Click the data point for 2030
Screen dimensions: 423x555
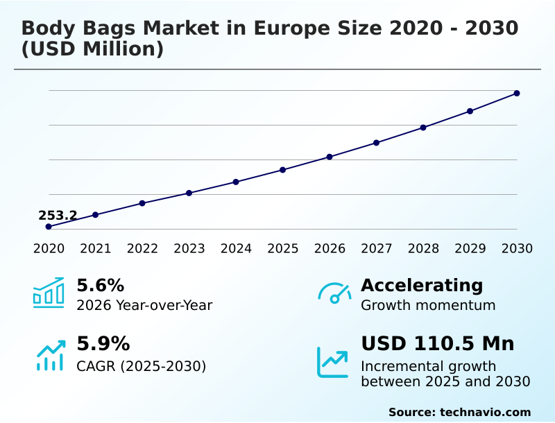click(x=517, y=93)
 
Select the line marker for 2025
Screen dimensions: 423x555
click(x=283, y=170)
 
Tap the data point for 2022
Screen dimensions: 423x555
click(x=142, y=203)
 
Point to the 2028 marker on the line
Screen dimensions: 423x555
click(x=423, y=128)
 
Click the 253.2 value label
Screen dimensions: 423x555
click(x=58, y=216)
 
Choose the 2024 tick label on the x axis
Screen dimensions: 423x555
click(x=236, y=249)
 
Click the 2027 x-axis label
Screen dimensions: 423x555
click(x=377, y=249)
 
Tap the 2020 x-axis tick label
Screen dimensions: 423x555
click(x=49, y=249)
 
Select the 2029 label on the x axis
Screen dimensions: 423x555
click(x=470, y=249)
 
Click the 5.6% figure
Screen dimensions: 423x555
click(x=100, y=286)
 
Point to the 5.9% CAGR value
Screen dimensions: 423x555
click(x=103, y=344)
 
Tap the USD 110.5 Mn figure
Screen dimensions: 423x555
click(x=437, y=344)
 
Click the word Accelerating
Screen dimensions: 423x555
click(x=422, y=286)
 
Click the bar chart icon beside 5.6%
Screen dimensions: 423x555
click(x=49, y=293)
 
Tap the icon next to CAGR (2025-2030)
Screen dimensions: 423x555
click(x=50, y=355)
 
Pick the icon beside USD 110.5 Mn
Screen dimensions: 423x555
click(x=333, y=362)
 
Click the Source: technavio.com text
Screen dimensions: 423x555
click(x=459, y=412)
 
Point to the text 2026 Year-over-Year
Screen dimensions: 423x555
click(x=144, y=305)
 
